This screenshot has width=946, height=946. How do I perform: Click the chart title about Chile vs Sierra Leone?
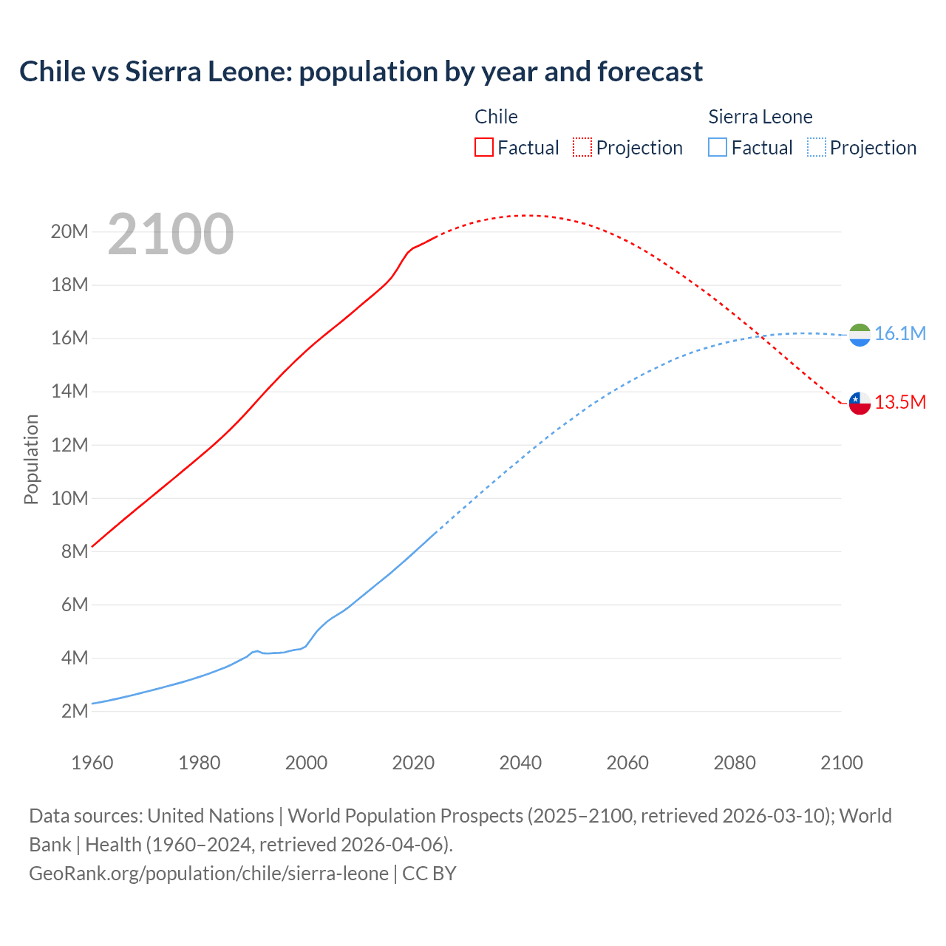[361, 72]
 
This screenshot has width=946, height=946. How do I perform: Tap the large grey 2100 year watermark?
[171, 234]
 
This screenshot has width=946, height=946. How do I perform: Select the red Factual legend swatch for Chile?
[483, 147]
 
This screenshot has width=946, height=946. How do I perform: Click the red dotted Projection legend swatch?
[582, 147]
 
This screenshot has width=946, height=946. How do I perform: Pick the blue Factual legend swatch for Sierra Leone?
[717, 147]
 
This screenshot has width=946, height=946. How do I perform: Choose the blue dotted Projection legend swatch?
[816, 147]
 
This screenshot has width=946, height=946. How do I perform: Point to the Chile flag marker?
[860, 403]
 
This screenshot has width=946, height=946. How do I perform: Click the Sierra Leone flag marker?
[860, 335]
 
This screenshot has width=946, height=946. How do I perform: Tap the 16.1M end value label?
[899, 334]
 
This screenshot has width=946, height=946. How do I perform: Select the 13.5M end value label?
[899, 402]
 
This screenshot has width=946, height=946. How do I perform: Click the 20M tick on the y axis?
[69, 232]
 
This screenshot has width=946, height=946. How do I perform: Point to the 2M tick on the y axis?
[74, 711]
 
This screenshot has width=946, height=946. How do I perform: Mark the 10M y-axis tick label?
[69, 498]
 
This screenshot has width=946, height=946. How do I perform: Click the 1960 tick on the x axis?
[92, 763]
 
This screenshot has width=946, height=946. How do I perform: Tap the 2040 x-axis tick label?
[520, 763]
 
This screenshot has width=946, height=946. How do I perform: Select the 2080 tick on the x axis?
[735, 763]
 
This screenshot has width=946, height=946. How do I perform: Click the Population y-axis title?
[31, 459]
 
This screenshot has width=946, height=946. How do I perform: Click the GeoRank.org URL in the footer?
[208, 874]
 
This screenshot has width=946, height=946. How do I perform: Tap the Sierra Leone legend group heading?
[760, 117]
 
